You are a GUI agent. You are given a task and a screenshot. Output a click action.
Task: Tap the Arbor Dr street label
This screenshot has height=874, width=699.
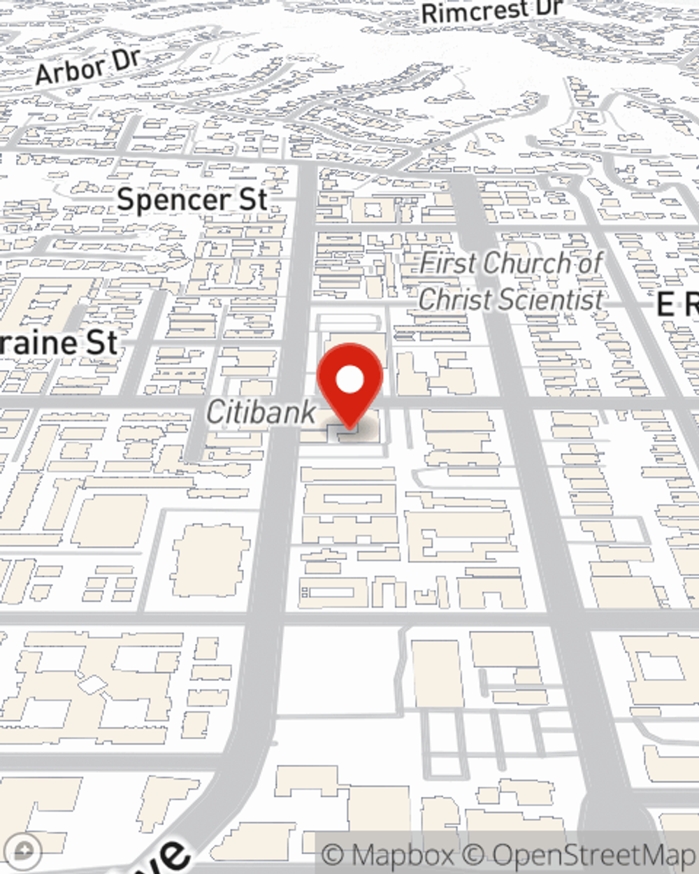tap(88, 68)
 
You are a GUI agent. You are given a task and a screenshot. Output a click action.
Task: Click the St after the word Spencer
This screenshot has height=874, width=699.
tap(252, 200)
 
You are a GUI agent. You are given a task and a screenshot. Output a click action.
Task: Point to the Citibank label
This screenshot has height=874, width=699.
tap(261, 412)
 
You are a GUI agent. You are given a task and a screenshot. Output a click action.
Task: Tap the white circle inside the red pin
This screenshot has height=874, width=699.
tap(350, 380)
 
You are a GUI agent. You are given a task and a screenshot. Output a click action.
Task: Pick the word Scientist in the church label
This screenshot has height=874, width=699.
tap(556, 300)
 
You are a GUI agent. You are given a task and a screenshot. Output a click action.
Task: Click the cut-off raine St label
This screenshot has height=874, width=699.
tap(59, 343)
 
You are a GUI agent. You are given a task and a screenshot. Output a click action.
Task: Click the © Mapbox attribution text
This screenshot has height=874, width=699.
tap(387, 854)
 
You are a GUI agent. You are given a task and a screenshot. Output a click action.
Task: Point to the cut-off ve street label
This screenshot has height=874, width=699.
tap(168, 857)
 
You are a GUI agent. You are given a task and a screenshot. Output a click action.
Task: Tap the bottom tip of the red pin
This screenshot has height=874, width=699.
tap(349, 428)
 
